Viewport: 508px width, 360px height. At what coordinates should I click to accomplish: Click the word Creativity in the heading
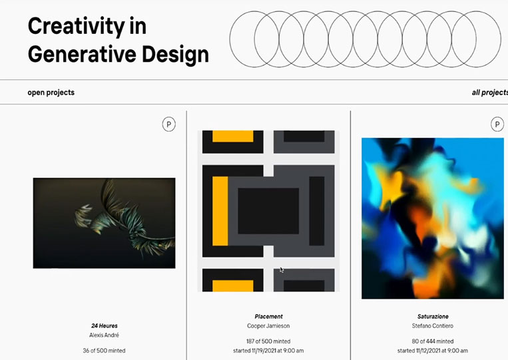click(x=77, y=27)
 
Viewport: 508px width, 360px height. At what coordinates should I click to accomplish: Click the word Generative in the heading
click(x=82, y=54)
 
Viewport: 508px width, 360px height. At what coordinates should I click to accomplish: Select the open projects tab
click(x=51, y=92)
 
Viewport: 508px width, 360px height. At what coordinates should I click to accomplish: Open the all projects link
click(x=490, y=92)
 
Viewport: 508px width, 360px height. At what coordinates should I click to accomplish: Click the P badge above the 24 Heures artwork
click(x=169, y=124)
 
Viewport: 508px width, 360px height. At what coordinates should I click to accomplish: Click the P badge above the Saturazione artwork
click(x=497, y=124)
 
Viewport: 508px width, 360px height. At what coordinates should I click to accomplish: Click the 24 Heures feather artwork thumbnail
click(x=104, y=223)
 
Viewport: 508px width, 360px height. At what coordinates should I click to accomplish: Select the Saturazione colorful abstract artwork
click(x=433, y=218)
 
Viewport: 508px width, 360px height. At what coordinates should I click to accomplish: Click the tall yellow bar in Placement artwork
click(x=220, y=211)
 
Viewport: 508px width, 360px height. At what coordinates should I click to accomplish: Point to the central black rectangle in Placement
click(x=268, y=211)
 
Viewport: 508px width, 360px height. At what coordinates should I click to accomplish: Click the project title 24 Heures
click(x=105, y=325)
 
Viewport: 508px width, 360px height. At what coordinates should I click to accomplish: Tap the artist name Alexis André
click(x=105, y=335)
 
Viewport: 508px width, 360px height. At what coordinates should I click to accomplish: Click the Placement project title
click(x=268, y=316)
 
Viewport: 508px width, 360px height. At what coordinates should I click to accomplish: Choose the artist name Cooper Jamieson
click(x=268, y=325)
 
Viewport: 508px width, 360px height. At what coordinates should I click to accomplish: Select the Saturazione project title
click(x=433, y=316)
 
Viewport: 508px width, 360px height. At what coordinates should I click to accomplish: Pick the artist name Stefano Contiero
click(x=433, y=325)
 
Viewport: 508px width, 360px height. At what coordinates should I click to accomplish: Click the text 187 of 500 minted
click(x=268, y=341)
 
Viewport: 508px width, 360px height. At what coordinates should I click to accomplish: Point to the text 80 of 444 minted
click(x=433, y=341)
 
